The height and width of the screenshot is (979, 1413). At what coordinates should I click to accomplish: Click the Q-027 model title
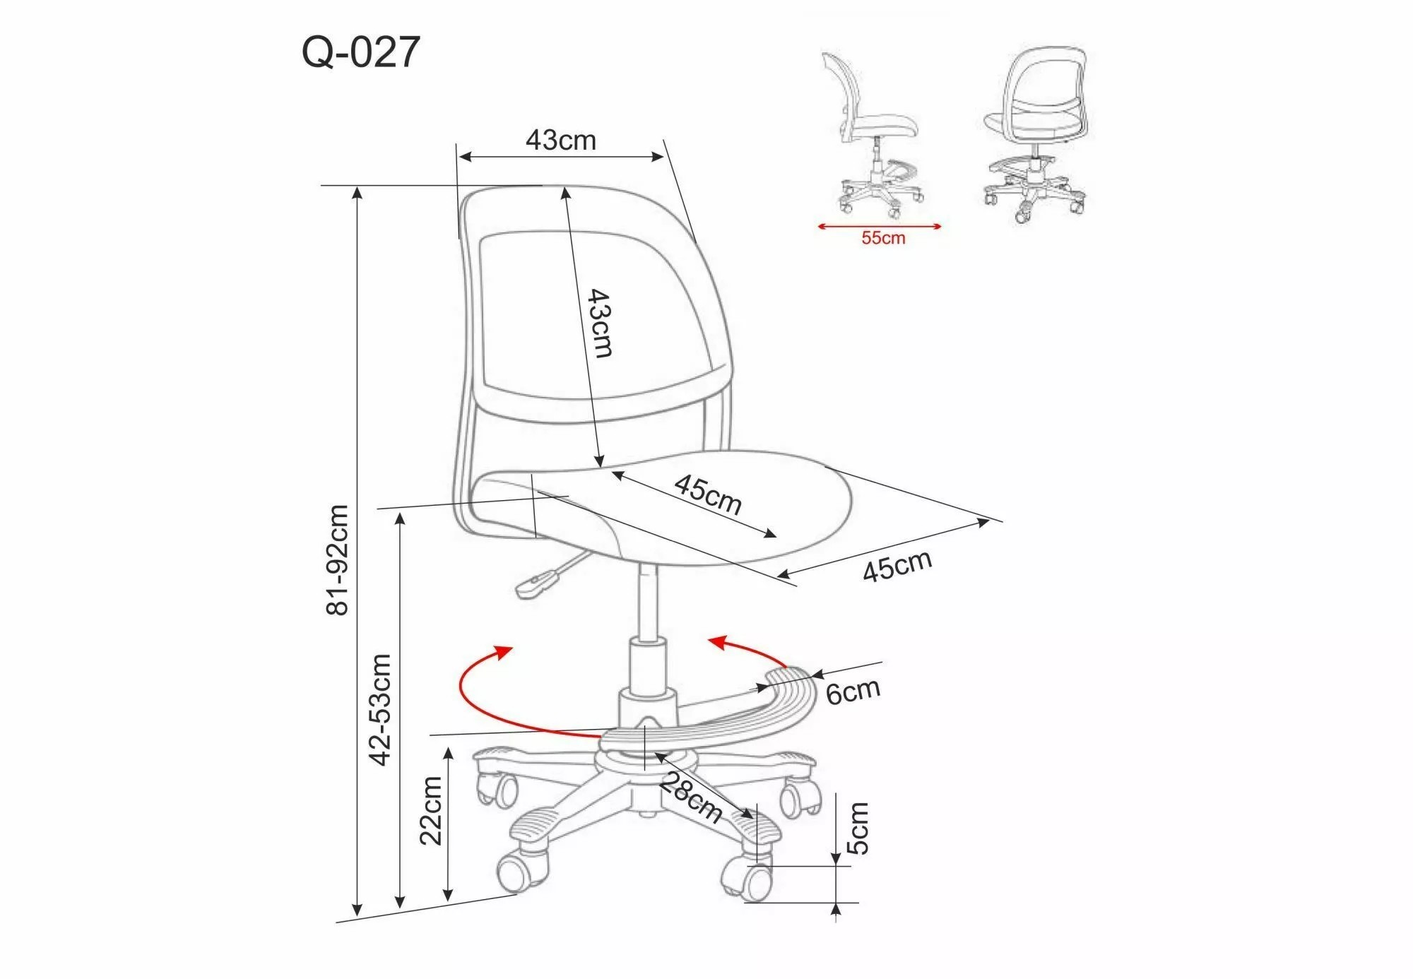[x=360, y=52]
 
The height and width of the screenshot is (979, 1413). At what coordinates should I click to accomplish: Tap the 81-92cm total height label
[x=338, y=560]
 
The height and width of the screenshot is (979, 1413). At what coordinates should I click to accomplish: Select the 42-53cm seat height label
[x=380, y=709]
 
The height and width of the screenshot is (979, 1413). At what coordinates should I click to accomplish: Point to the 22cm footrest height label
[x=430, y=810]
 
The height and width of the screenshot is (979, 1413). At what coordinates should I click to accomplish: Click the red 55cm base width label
[x=883, y=238]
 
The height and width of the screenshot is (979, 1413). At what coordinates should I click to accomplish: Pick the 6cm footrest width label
[x=853, y=691]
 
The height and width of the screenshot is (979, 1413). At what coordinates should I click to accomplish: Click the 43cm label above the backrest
[x=561, y=140]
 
